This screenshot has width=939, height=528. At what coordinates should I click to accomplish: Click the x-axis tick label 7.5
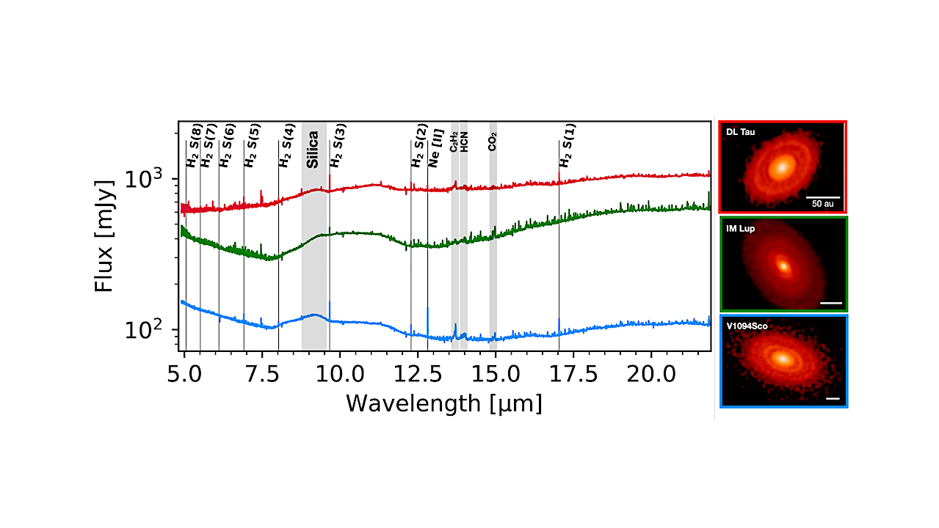tap(262, 375)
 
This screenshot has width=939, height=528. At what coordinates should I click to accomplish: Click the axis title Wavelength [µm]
tap(444, 403)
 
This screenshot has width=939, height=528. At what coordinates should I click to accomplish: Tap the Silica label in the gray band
tap(313, 150)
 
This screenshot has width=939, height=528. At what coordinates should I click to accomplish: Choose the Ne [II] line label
tap(435, 151)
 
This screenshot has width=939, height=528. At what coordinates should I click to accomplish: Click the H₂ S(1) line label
tap(568, 145)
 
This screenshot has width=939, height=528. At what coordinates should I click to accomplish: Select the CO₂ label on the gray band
tap(493, 142)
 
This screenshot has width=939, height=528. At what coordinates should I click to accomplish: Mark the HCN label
tap(464, 142)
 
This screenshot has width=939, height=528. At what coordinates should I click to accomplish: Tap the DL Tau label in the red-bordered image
tap(740, 133)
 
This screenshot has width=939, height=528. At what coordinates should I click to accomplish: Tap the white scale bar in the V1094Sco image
tap(832, 398)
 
